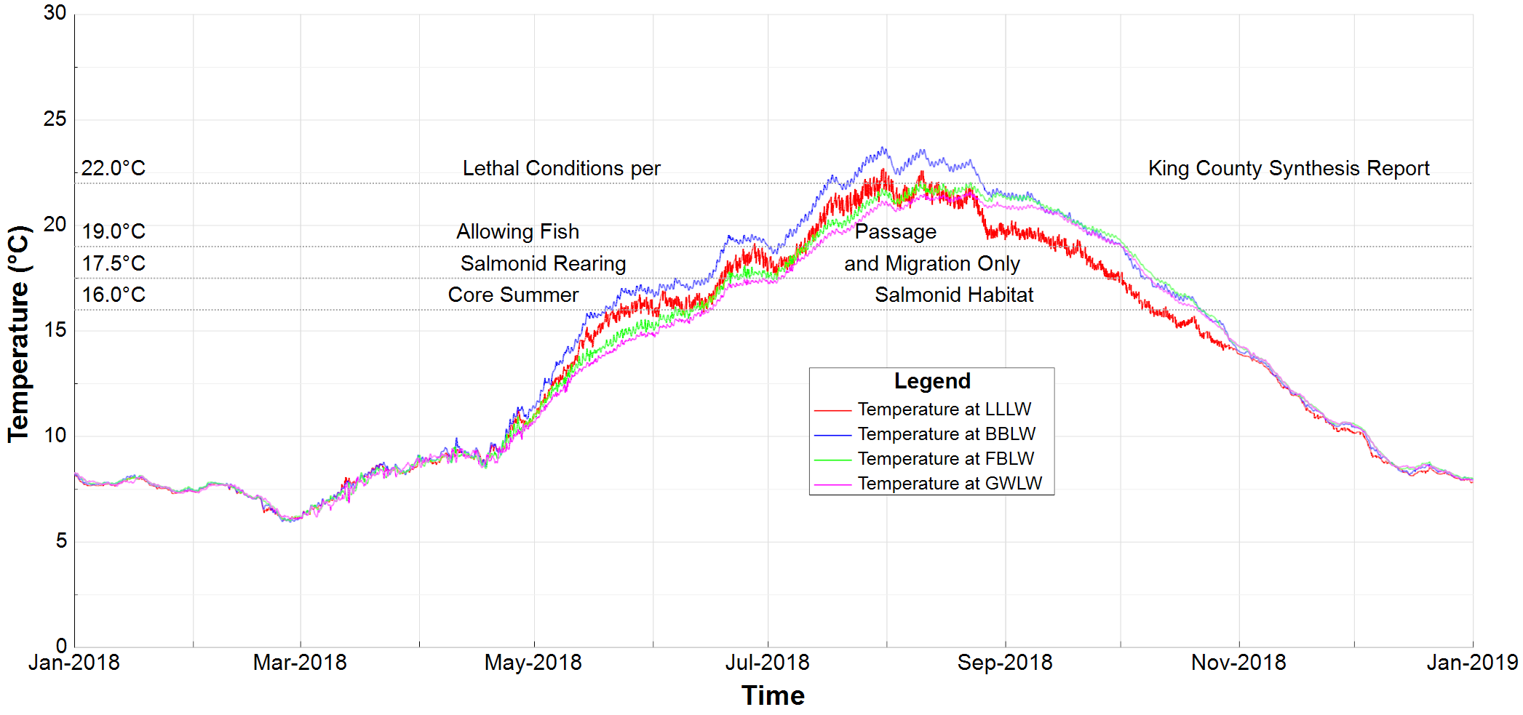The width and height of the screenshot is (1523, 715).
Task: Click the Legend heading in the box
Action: click(x=931, y=381)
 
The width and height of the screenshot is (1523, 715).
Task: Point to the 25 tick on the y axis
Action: click(x=55, y=119)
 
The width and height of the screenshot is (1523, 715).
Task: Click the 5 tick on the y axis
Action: click(x=61, y=541)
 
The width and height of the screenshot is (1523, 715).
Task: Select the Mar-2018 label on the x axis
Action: click(x=300, y=663)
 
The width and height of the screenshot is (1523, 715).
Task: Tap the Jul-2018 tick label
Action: click(x=767, y=663)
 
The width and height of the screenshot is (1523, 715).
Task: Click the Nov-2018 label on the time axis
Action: click(x=1238, y=663)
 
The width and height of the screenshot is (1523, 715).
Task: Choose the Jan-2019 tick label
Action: click(x=1471, y=663)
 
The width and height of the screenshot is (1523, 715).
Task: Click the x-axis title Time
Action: click(x=773, y=696)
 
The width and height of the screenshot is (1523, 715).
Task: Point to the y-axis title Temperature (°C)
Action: click(x=19, y=334)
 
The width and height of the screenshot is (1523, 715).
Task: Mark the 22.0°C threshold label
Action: click(x=114, y=169)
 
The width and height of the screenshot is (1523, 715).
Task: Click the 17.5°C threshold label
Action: click(x=114, y=263)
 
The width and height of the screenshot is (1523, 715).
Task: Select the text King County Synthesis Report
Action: click(x=1289, y=169)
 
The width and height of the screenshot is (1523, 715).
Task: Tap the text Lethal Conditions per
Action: click(x=561, y=169)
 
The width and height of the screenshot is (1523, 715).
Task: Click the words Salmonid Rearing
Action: click(x=543, y=263)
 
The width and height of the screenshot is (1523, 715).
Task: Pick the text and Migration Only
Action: click(x=931, y=263)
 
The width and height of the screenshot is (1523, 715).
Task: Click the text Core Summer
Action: click(x=513, y=295)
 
